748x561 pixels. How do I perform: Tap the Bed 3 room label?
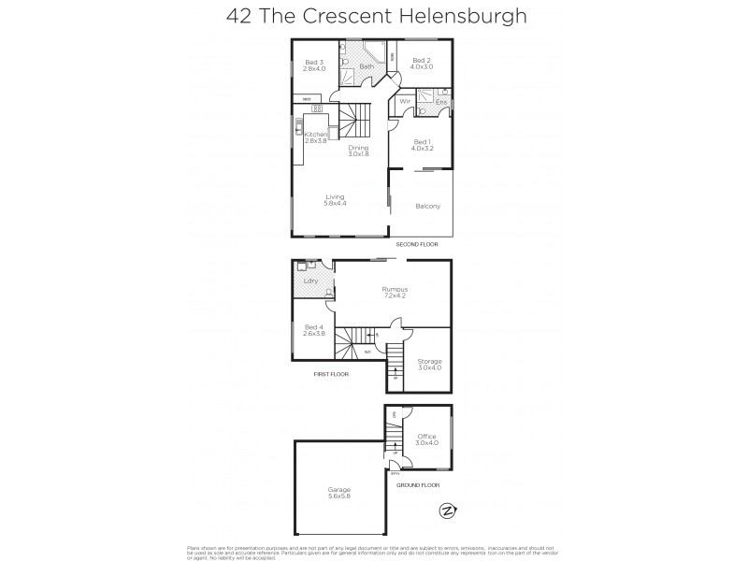(314, 65)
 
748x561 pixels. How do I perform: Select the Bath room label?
(367, 66)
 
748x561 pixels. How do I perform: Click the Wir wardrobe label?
(406, 101)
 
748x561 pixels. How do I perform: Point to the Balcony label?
(427, 206)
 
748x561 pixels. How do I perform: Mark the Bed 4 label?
(313, 329)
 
